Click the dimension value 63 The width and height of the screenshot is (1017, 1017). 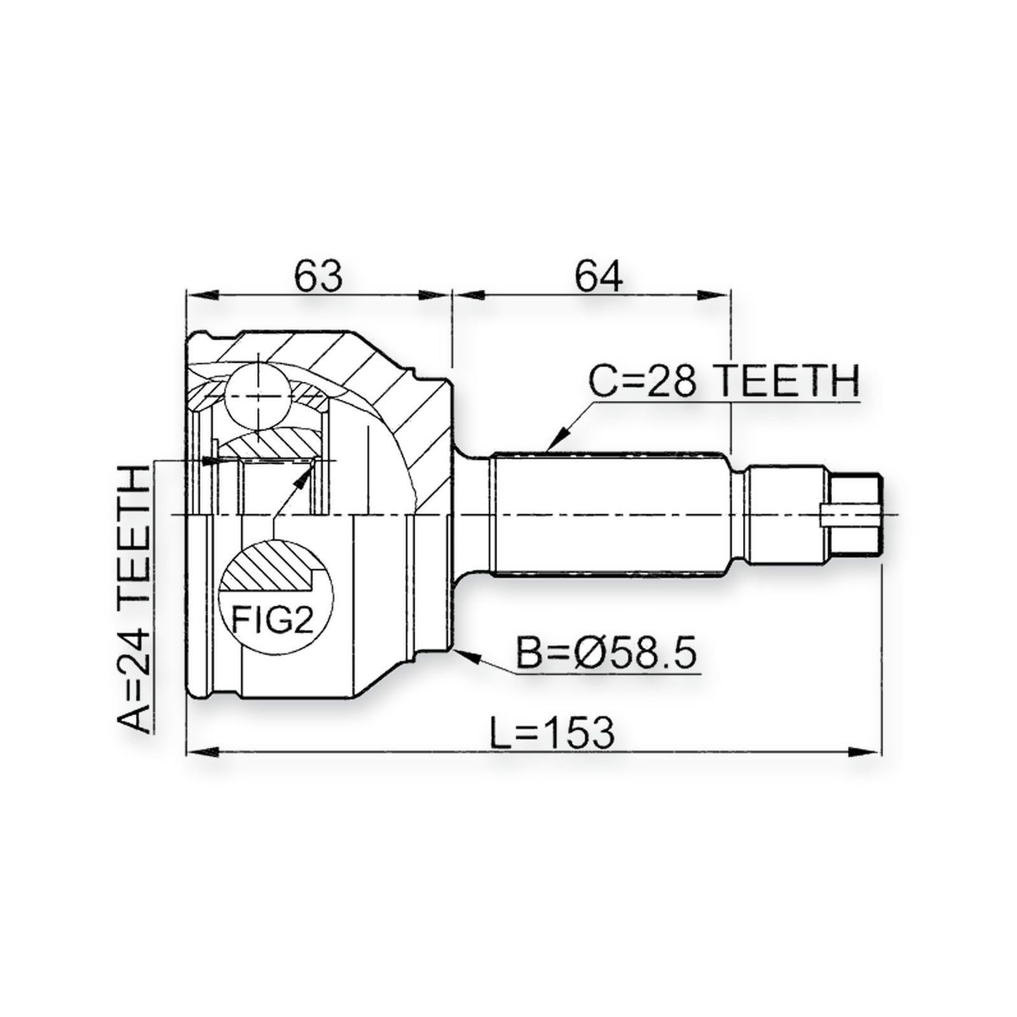coord(318,276)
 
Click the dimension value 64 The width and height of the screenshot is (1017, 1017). coord(598,276)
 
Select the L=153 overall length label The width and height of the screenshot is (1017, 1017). coord(552,732)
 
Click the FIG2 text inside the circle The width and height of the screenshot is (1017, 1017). coord(273,618)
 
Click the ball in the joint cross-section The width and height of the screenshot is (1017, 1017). coord(257,395)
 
